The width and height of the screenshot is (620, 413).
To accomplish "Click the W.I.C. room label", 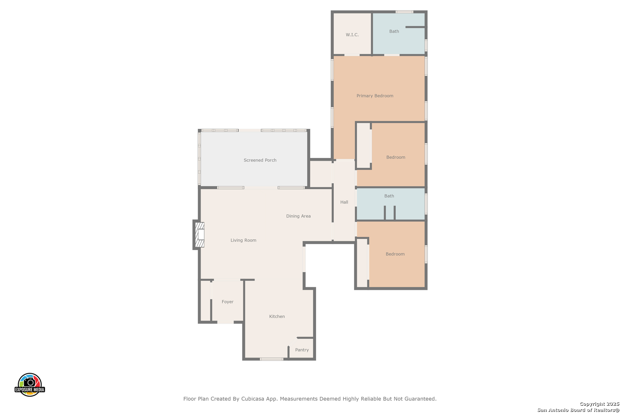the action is click(x=352, y=35).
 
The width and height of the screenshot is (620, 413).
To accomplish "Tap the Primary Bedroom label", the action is click(x=375, y=96).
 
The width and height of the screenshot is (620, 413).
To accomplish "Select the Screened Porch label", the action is click(x=260, y=160).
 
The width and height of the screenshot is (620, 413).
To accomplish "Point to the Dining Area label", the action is click(x=299, y=216).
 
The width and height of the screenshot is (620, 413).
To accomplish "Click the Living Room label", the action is click(x=243, y=240).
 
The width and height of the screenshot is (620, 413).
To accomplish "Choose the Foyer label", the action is click(x=227, y=302).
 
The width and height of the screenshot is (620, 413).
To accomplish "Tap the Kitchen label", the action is click(x=277, y=317).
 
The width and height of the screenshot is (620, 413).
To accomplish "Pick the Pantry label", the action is click(x=302, y=350).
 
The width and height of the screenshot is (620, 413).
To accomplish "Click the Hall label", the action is click(x=344, y=202).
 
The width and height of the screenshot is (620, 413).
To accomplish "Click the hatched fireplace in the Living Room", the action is click(x=199, y=234).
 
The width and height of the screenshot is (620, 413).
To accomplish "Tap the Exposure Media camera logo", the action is click(x=29, y=384).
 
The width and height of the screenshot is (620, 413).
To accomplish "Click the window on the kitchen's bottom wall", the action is click(x=271, y=359).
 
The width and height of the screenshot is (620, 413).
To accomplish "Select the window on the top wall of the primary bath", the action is click(x=405, y=12).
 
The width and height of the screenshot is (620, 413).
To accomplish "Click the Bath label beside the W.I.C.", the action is click(x=394, y=31).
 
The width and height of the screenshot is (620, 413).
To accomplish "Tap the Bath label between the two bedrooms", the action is click(x=389, y=196).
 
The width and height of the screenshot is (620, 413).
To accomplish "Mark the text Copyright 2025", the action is click(x=599, y=404).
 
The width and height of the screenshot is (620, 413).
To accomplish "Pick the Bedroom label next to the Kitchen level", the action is click(x=395, y=254).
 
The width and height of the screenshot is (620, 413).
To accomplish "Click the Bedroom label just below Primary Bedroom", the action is click(x=396, y=157).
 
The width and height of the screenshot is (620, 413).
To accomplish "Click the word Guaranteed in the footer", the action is click(x=421, y=399).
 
